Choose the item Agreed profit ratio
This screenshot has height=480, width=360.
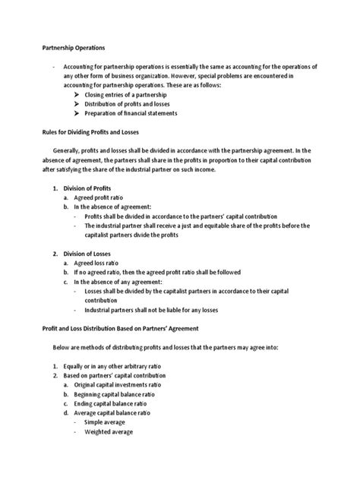tap(106, 197)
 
